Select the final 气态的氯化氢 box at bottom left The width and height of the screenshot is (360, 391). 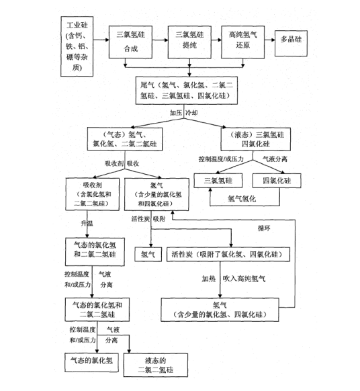pos(93,361)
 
